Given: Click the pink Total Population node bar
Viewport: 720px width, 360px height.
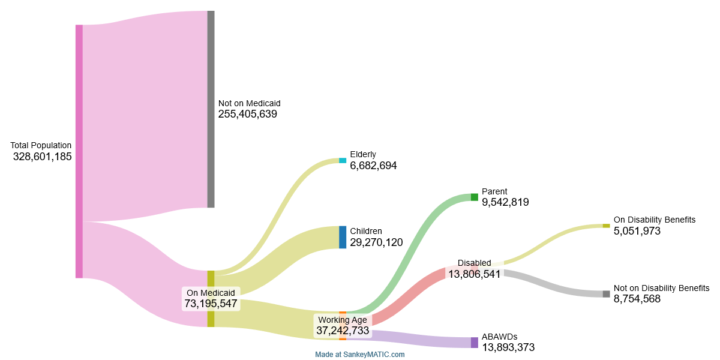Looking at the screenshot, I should point(79,151).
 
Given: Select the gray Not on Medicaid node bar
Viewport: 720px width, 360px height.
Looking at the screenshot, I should point(211,109).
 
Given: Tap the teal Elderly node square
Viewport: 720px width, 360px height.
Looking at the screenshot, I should point(343,161).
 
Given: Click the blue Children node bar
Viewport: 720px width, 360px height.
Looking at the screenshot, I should point(343,237).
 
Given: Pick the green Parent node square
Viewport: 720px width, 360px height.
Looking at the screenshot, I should point(474,197).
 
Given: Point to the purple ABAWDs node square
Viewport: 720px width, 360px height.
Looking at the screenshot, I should point(474,343).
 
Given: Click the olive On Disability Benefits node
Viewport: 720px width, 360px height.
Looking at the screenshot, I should point(606,226).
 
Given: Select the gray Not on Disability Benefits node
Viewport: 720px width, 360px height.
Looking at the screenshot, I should point(606,294).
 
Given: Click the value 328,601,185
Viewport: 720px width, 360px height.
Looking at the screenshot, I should point(42,157).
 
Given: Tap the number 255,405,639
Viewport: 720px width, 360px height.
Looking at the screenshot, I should point(247,114).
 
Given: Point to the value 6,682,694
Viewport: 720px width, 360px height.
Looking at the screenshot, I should point(373,166).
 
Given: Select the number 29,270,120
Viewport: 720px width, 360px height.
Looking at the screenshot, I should point(376,242).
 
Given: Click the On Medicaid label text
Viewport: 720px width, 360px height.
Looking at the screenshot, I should point(210,293).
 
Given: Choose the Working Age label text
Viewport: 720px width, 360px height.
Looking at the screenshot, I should point(342,320).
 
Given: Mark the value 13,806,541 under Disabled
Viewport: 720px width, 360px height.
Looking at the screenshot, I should point(474,274).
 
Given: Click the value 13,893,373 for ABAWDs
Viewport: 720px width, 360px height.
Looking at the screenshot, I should point(508,347).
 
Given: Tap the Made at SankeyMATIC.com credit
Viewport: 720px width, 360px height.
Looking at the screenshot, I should point(360,355).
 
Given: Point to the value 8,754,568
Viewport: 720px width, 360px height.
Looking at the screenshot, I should point(637,299).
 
